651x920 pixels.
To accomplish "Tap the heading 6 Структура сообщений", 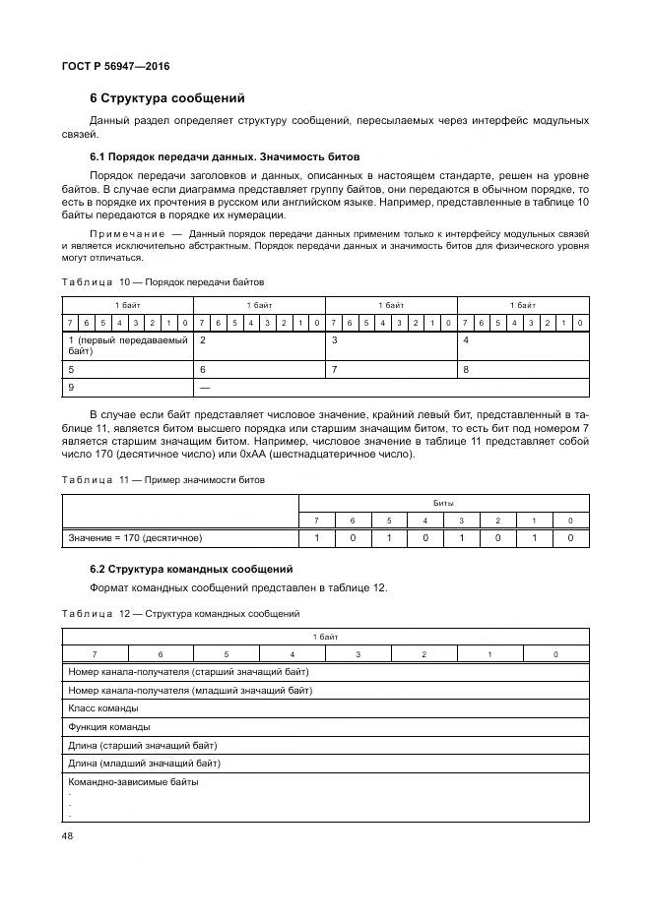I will click(x=166, y=98).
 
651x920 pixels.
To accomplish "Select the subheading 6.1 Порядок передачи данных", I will click(x=225, y=156).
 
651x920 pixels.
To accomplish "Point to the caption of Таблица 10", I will click(x=163, y=281).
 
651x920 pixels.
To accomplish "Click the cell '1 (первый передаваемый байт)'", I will click(x=127, y=343).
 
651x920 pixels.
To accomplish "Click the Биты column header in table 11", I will click(x=443, y=502).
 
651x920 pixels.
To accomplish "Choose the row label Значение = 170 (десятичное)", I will click(x=135, y=538).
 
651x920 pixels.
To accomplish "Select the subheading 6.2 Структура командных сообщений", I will click(x=191, y=570).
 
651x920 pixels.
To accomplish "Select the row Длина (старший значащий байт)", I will click(x=143, y=745).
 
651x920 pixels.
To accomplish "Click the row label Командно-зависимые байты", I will click(x=133, y=782).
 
